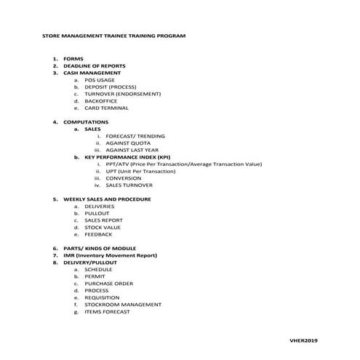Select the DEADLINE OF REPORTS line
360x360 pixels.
95,65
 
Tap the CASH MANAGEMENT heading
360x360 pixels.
92,73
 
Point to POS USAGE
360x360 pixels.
100,80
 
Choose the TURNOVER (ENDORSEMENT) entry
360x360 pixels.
122,94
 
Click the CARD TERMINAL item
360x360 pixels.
106,108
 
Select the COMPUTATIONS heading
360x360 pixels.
86,121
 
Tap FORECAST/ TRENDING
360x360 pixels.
135,136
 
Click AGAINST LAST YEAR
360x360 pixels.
132,150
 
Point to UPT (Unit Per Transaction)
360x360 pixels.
140,171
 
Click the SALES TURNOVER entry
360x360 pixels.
129,185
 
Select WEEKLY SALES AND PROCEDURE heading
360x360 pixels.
107,199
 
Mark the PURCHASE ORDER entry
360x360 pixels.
108,284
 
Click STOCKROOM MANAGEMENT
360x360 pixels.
123,305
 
